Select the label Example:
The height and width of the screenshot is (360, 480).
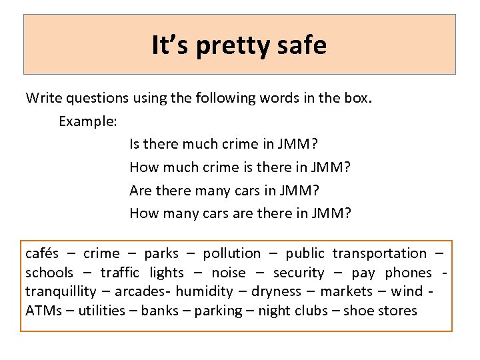click(x=88, y=122)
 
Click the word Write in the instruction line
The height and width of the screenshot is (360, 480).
click(x=41, y=98)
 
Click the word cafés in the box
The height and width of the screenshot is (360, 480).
click(x=42, y=253)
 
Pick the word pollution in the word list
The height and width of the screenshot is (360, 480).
click(x=232, y=253)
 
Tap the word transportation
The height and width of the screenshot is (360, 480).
click(x=379, y=253)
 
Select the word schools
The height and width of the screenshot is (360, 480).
click(x=49, y=273)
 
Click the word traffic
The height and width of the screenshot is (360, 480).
click(x=120, y=273)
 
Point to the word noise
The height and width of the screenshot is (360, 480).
click(x=228, y=273)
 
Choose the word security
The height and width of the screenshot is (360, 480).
click(x=299, y=273)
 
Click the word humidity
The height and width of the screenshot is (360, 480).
click(x=205, y=291)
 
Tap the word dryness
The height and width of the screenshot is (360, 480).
click(x=275, y=291)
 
